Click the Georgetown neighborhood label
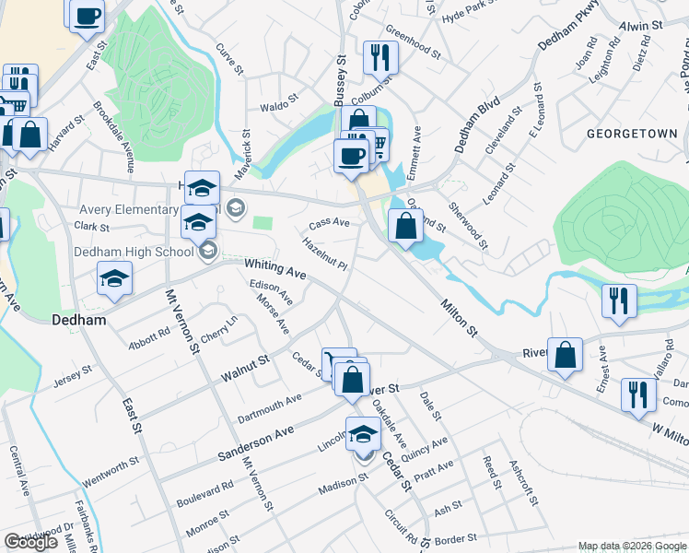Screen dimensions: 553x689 coord(632,134)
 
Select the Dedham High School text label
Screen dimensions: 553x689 coord(134,252)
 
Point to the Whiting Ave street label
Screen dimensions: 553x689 coord(274,268)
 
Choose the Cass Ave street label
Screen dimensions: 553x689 coord(329,223)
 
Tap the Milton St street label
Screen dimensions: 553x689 coord(460,316)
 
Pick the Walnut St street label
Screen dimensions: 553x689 coord(244,368)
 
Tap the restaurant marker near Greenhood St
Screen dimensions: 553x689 coord(380,58)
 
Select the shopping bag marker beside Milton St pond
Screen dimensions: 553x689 coord(405,225)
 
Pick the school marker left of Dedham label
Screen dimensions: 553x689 coord(114,279)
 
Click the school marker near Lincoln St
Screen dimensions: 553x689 coord(364,433)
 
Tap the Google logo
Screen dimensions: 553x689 coord(30,543)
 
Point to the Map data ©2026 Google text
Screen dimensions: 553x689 coord(633,546)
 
